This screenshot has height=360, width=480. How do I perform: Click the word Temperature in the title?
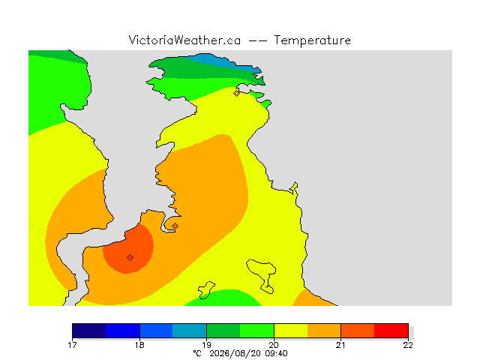click(312, 40)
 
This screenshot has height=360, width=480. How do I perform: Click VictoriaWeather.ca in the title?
click(184, 40)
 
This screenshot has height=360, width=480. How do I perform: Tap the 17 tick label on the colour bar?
click(72, 345)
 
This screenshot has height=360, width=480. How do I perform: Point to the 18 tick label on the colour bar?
click(139, 345)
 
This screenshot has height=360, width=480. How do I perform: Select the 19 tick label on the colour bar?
click(207, 345)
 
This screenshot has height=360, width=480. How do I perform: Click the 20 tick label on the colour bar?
click(274, 345)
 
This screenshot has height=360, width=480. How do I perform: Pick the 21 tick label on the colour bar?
click(340, 345)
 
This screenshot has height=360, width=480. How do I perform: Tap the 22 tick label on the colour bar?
click(408, 345)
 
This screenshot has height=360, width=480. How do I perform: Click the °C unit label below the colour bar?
click(197, 353)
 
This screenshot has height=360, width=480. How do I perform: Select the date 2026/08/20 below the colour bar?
click(235, 353)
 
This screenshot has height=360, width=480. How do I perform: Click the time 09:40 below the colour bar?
click(275, 353)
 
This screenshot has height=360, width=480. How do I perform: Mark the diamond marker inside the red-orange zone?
click(130, 258)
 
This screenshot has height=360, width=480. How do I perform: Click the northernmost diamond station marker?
click(236, 93)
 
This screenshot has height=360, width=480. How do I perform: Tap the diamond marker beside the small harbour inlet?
click(175, 226)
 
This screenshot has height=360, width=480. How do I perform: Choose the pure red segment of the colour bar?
click(391, 331)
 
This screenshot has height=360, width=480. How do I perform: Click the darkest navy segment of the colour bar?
click(89, 331)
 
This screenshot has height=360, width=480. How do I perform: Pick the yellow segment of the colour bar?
click(291, 331)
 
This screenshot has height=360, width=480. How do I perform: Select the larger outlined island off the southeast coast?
click(261, 273)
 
